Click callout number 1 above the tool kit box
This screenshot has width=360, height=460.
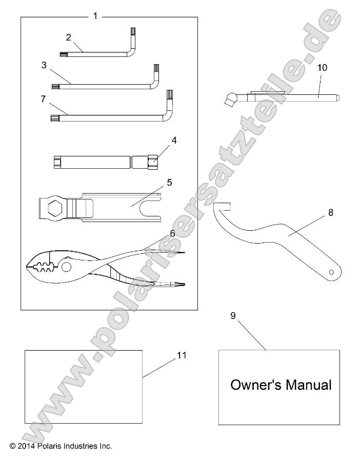(95, 16)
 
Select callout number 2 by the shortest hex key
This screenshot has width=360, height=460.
(69, 37)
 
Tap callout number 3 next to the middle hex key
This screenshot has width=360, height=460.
(44, 65)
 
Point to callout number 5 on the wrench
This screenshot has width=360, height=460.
(169, 182)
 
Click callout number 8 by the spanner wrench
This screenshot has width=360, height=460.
(331, 211)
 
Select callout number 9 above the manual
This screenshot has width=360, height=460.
(233, 315)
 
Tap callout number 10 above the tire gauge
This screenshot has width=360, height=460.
(322, 67)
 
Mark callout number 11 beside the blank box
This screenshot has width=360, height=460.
(182, 355)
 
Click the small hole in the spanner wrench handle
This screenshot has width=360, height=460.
(332, 271)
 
